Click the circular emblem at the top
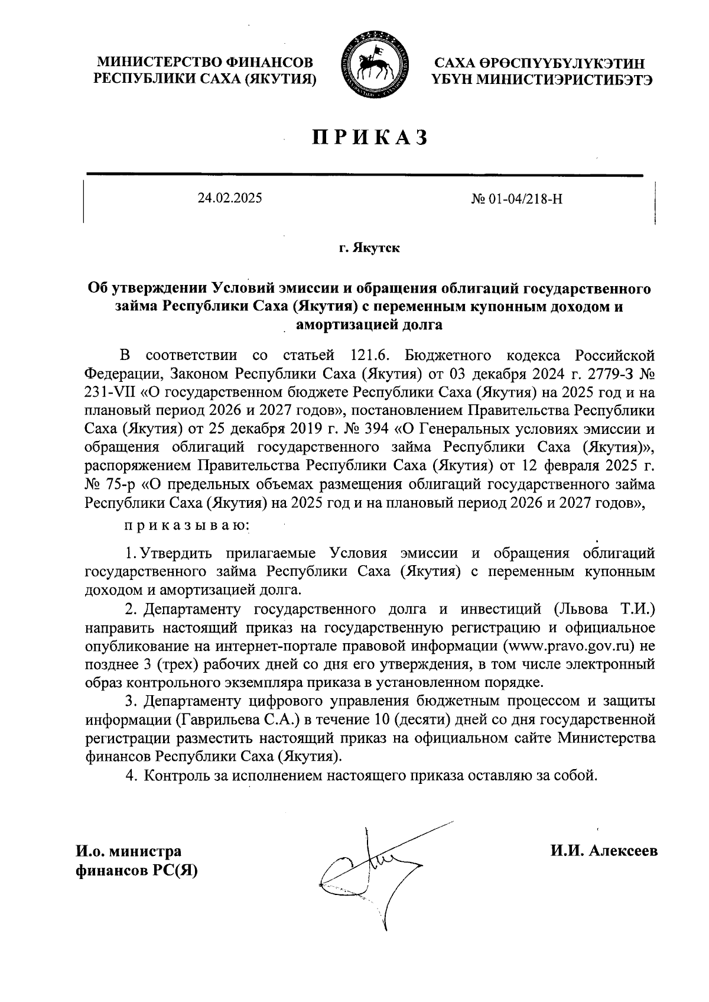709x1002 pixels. [x=372, y=65]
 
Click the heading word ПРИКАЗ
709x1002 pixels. [x=369, y=137]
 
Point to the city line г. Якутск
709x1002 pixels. [x=369, y=248]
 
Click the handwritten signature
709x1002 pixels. [x=372, y=869]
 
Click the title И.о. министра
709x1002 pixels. [x=128, y=852]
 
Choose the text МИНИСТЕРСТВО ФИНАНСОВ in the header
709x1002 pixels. [x=205, y=62]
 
